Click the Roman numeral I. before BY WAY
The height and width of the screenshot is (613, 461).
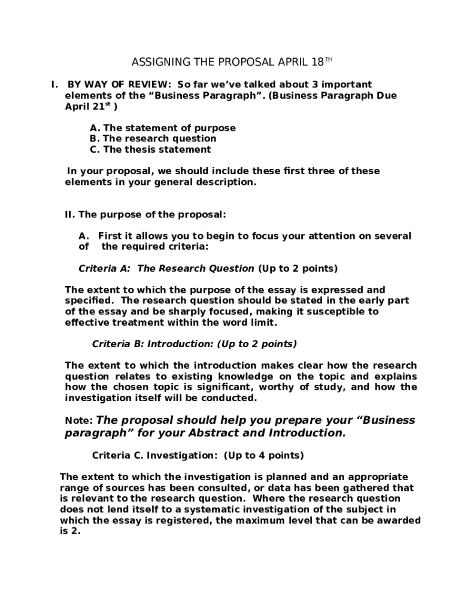(x=54, y=84)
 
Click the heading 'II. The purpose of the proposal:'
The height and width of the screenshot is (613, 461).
(x=145, y=214)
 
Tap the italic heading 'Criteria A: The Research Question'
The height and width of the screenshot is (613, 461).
(x=166, y=268)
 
